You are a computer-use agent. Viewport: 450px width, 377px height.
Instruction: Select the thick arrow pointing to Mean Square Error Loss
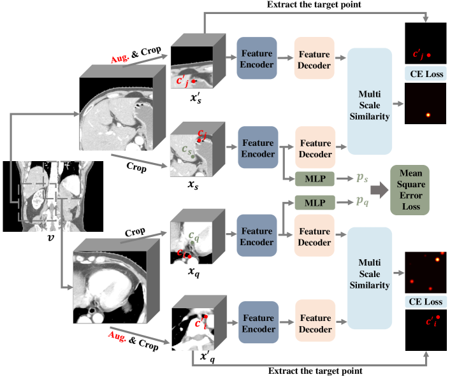tap(379, 190)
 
